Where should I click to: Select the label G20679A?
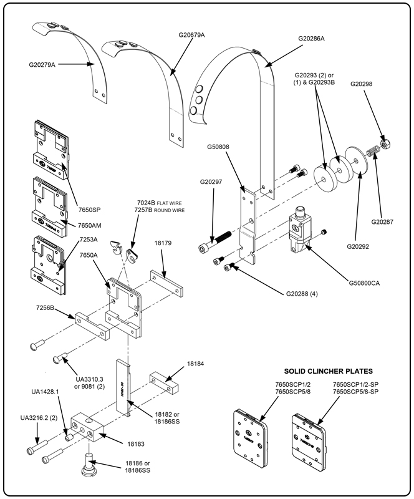[191, 35]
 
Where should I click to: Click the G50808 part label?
[220, 148]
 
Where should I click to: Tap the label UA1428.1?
[45, 392]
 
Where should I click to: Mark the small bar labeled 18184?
[163, 382]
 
